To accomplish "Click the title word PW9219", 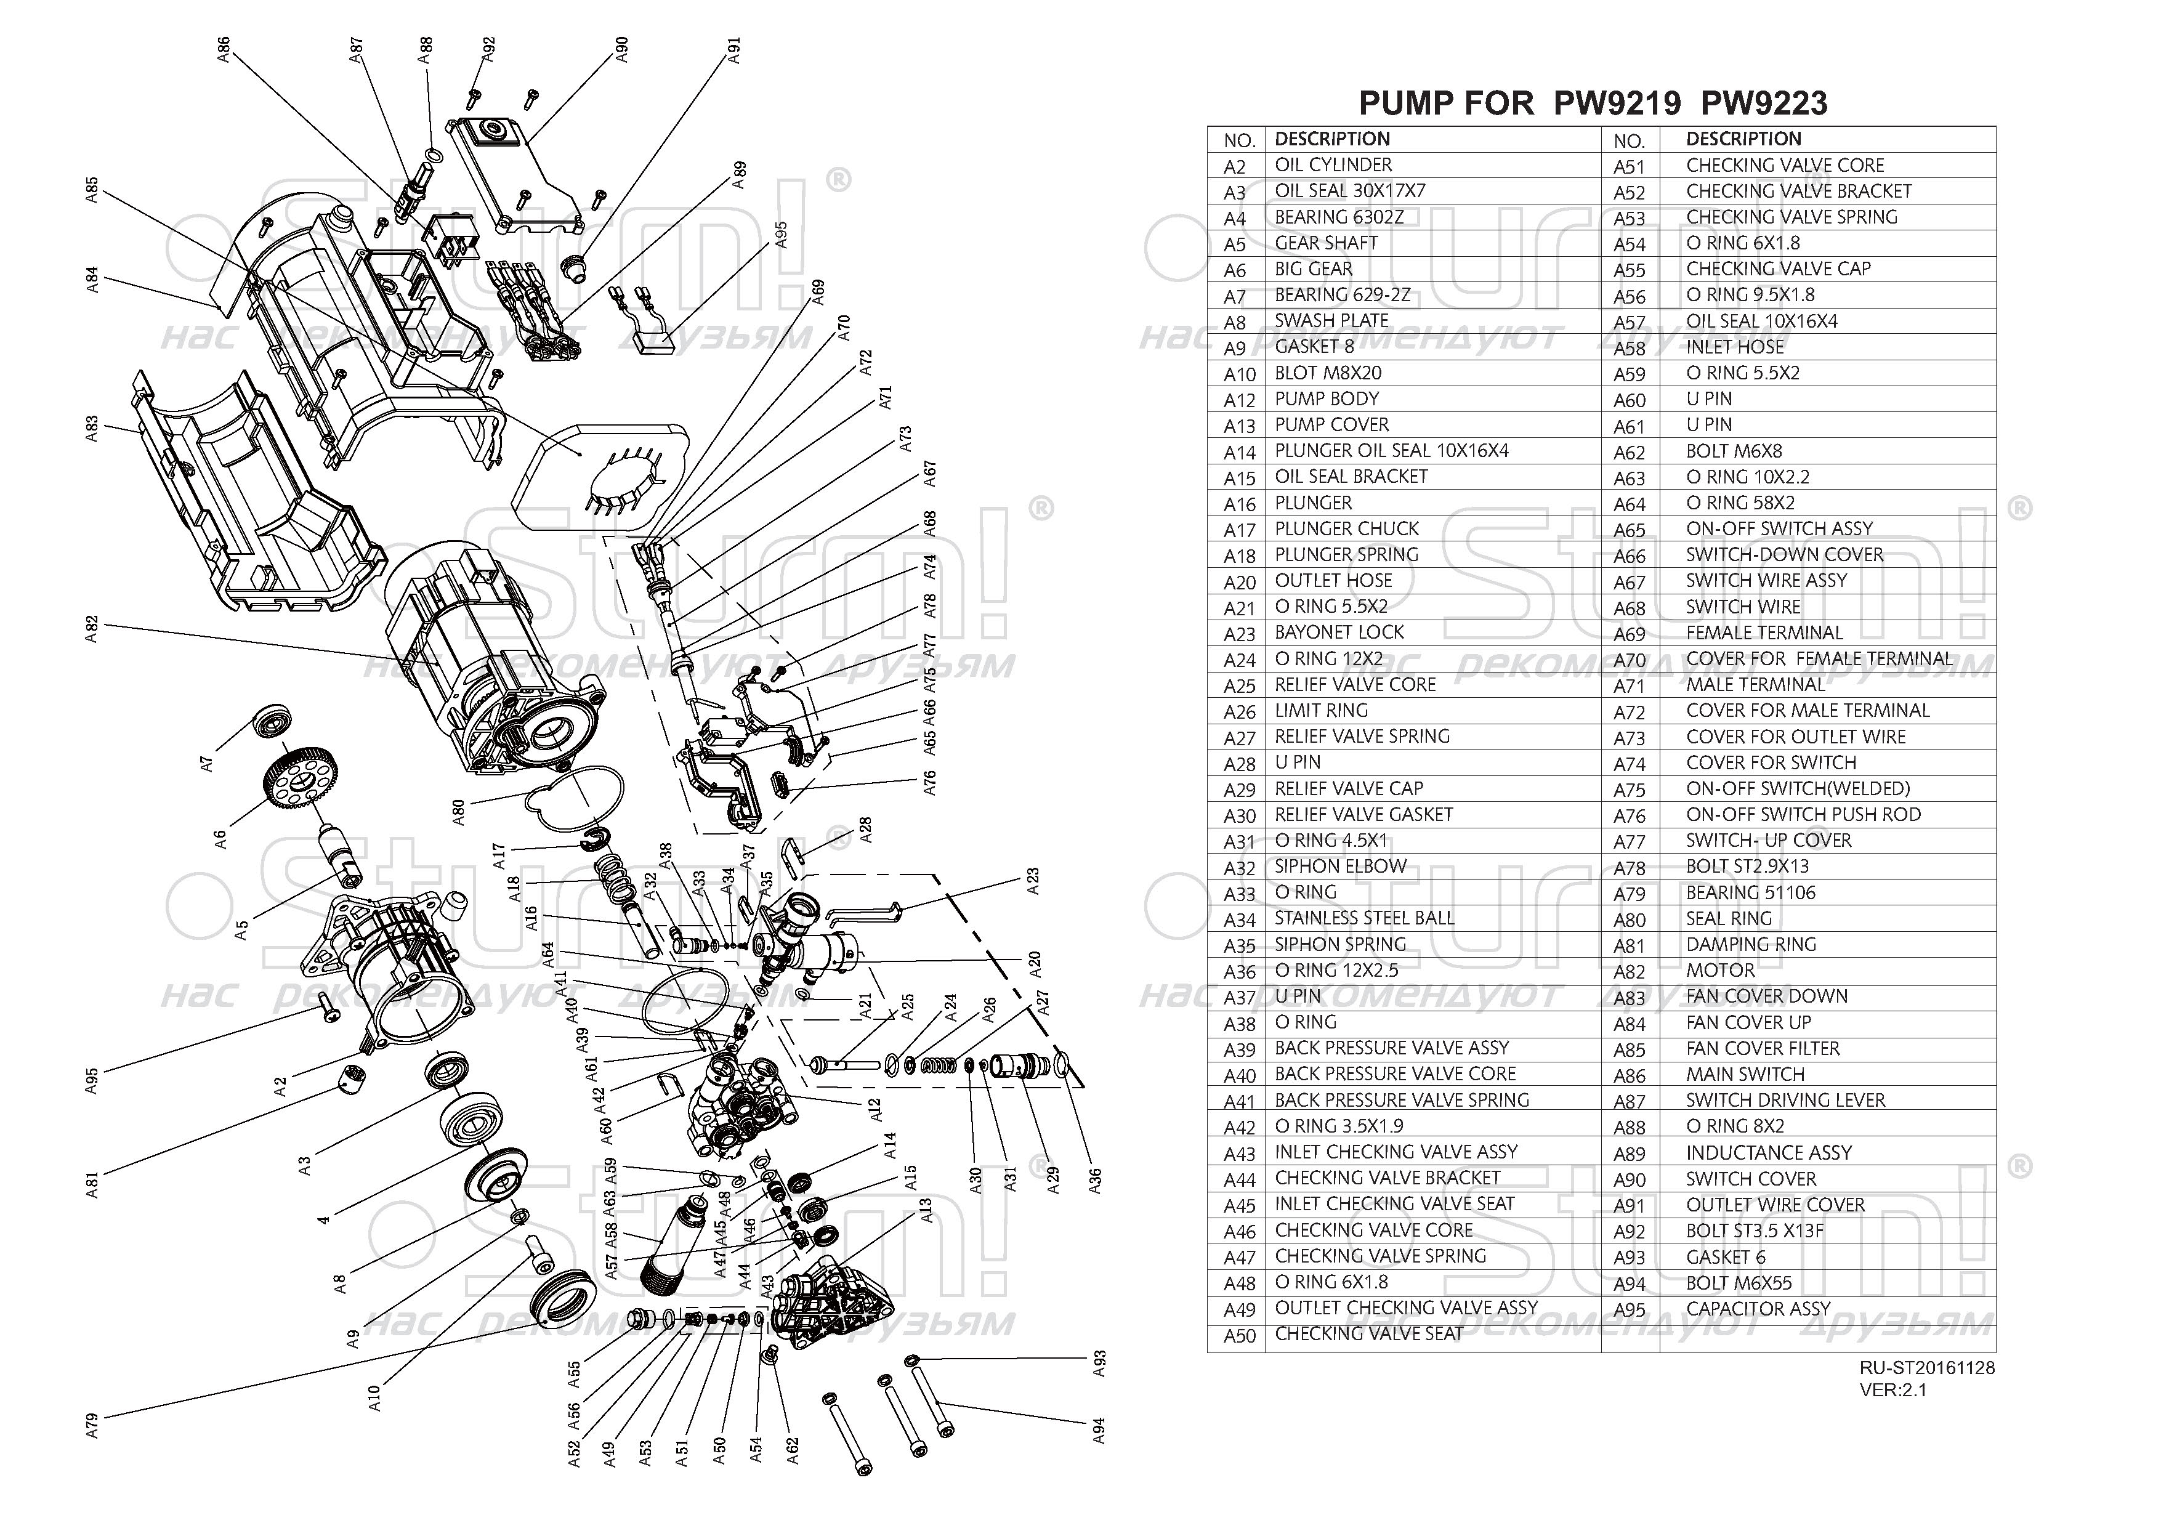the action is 1616,103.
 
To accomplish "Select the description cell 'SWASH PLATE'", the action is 1331,321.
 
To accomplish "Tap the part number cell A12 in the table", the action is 1240,400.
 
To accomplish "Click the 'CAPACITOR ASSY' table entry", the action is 1758,1309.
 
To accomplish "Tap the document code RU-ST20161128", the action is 1926,1367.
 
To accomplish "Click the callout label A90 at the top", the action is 621,50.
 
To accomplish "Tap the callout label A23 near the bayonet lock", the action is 1033,881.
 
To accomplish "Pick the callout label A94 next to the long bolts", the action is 1099,1431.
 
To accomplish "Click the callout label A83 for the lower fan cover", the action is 91,429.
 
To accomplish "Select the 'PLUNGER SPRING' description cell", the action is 1346,554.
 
